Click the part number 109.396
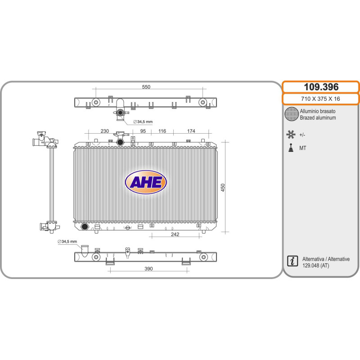click(321, 87)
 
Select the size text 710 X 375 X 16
click(320, 99)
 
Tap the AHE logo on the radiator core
click(146, 182)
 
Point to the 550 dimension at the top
click(146, 87)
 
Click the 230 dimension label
click(105, 131)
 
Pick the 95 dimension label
click(143, 131)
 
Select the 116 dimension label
click(162, 131)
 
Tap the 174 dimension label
click(191, 131)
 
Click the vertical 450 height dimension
click(223, 188)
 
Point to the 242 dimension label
click(175, 234)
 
